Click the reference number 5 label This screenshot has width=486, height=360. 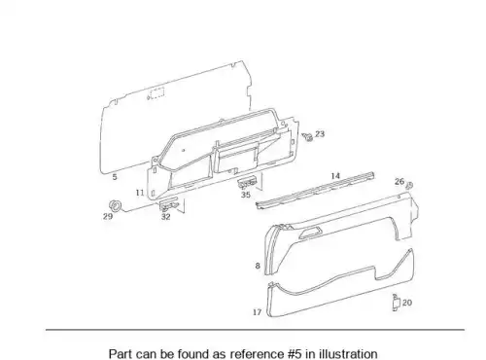[x=115, y=177]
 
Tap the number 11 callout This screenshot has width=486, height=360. [x=140, y=193]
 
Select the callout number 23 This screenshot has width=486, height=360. [x=320, y=133]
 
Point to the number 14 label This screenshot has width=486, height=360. [x=335, y=176]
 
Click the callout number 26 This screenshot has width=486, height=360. [x=399, y=181]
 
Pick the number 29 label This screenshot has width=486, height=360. [x=108, y=216]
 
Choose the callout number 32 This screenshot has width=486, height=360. [x=166, y=217]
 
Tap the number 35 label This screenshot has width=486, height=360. [x=246, y=195]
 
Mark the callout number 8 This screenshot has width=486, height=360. [x=258, y=266]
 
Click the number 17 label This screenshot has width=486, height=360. [x=257, y=312]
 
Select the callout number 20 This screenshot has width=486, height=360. [x=407, y=303]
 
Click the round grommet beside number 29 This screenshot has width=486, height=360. [x=115, y=205]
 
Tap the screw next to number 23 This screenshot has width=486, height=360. [x=307, y=137]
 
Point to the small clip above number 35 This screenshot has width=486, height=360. [x=247, y=183]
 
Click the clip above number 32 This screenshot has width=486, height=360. [x=169, y=204]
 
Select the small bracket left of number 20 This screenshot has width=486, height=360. [x=396, y=303]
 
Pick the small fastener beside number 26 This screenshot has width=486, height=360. [x=409, y=185]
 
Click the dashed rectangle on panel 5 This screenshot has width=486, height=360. [x=156, y=93]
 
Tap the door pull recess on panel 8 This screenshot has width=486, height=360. [x=311, y=233]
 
